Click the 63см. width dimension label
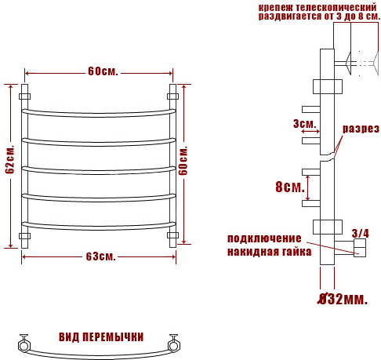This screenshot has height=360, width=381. (x=101, y=256)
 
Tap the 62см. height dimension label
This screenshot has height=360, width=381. (x=10, y=159)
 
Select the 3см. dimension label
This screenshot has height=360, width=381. (x=304, y=124)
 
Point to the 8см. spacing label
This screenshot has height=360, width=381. (x=290, y=187)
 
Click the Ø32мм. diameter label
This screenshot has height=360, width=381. (x=343, y=299)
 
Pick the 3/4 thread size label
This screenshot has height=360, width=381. (x=360, y=234)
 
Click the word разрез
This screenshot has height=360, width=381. (x=361, y=129)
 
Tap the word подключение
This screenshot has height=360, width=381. (x=264, y=238)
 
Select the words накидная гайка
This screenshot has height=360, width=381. (x=269, y=252)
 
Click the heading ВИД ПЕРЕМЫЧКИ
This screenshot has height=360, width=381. (x=101, y=336)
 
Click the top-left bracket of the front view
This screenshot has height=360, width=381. (x=24, y=96)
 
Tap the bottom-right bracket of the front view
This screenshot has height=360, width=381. (x=172, y=235)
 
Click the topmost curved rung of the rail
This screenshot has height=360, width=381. (x=99, y=114)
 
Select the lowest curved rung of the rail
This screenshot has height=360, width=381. (x=99, y=227)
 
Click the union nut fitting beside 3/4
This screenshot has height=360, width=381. (x=360, y=248)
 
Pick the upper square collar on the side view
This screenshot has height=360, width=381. (x=328, y=86)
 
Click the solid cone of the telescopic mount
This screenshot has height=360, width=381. (x=348, y=64)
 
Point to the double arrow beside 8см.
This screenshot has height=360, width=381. (x=308, y=188)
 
